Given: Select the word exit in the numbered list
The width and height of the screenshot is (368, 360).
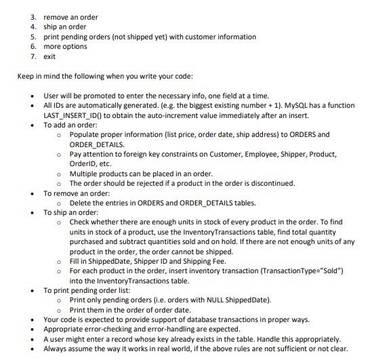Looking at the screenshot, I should (49, 56).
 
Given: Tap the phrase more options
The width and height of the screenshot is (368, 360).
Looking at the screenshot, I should (66, 46).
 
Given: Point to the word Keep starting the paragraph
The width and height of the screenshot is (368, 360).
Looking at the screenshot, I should (25, 76).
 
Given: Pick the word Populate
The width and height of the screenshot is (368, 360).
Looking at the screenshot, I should (85, 135).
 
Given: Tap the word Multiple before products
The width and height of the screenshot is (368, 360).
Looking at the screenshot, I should (84, 174).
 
